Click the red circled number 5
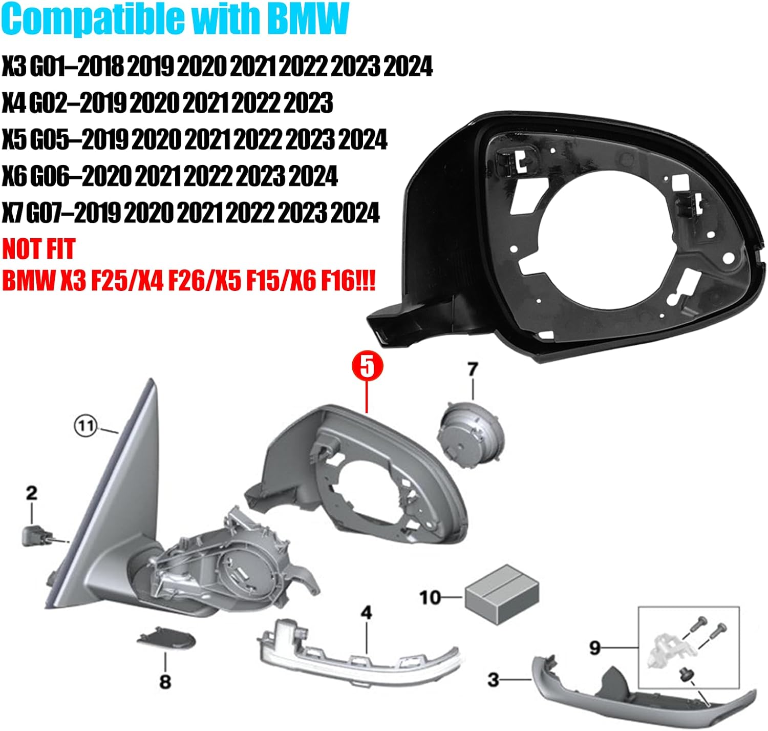(367, 367)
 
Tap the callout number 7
(473, 369)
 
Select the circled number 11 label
(86, 426)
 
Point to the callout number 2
(32, 493)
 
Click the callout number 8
(165, 682)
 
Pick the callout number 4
(367, 613)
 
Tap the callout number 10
(430, 597)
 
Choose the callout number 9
(594, 648)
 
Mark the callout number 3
(493, 680)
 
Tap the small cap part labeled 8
(166, 637)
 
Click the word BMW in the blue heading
(308, 19)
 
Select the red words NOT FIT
(39, 249)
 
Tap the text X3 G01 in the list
(37, 67)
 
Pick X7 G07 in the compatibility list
(36, 213)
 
